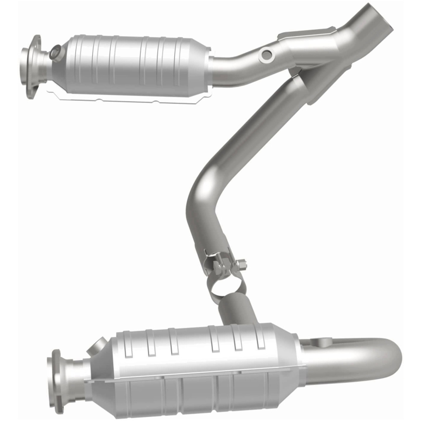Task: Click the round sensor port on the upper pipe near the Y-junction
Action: [x=267, y=55]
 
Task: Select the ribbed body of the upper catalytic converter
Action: [x=132, y=64]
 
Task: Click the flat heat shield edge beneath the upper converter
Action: [x=132, y=98]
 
